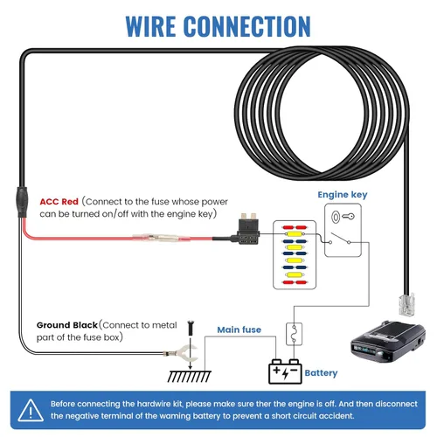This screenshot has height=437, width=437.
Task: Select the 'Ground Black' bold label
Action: [x=66, y=324]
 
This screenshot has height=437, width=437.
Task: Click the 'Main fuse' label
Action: [x=240, y=329]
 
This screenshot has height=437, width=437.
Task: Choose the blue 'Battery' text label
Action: [x=321, y=373]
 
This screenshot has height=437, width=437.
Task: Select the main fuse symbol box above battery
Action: [x=295, y=333]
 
